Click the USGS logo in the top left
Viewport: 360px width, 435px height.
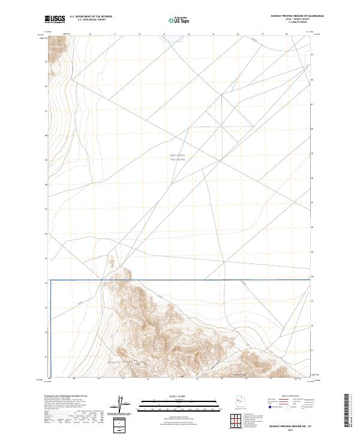pyautogui.click(x=55, y=19)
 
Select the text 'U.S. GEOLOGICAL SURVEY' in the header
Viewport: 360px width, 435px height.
pyautogui.click(x=91, y=20)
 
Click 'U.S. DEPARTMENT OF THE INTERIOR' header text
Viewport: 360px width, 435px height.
pyautogui.click(x=91, y=17)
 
